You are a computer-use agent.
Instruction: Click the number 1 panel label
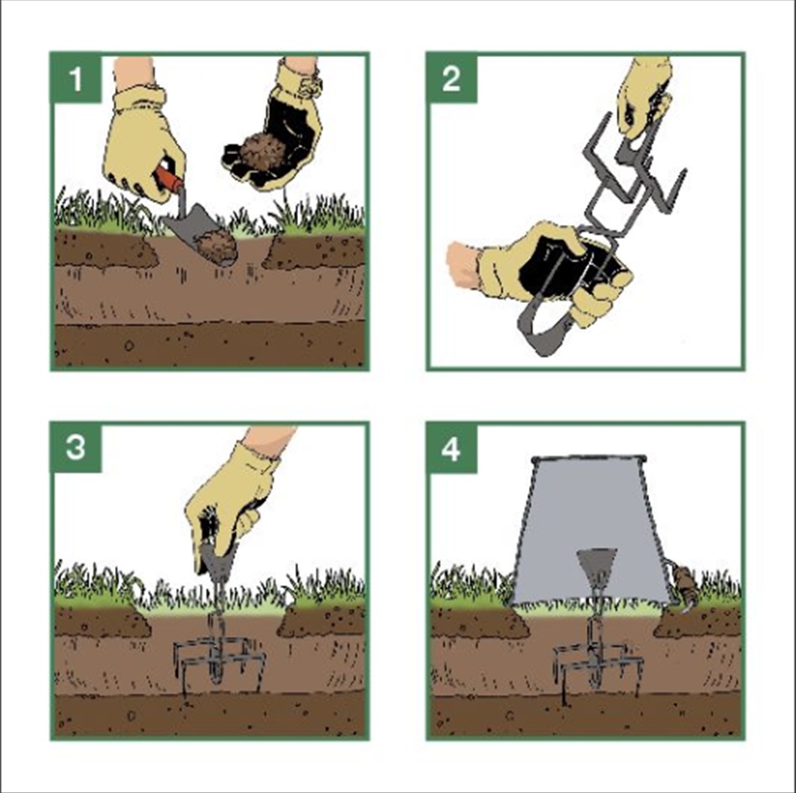point(76,79)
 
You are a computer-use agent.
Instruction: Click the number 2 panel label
point(451,79)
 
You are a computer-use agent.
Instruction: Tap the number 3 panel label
point(76,448)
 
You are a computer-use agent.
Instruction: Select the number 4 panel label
point(451,448)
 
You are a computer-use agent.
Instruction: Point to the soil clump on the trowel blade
point(217,248)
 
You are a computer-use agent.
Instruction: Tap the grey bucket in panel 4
point(592,530)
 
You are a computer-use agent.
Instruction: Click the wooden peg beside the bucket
point(683,582)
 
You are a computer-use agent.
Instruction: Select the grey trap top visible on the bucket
point(596,566)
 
